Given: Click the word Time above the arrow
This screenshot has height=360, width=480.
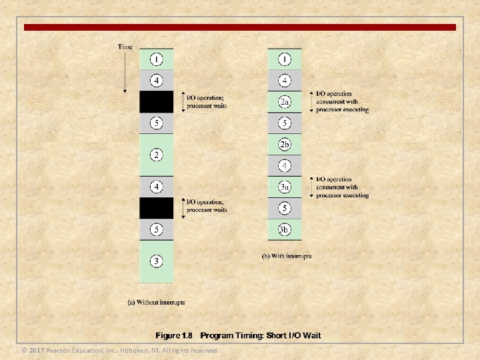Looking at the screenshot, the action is tap(125, 46).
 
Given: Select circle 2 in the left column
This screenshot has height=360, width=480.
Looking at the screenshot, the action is tap(156, 155).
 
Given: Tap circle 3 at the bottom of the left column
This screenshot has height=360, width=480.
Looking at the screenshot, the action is tap(156, 261).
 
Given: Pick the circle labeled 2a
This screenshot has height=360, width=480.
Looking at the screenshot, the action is tap(285, 102).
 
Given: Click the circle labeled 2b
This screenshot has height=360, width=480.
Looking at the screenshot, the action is tap(285, 144).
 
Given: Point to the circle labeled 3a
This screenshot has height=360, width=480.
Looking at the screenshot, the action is tap(285, 187).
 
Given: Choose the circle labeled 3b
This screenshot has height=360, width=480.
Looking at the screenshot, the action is tap(285, 229).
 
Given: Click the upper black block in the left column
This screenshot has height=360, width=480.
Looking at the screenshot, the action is tap(156, 102).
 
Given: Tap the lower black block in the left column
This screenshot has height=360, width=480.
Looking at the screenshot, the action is tap(156, 207).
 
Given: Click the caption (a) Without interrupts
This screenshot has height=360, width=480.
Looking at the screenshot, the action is tap(156, 302).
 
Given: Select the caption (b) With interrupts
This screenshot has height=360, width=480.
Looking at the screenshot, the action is tap(286, 256).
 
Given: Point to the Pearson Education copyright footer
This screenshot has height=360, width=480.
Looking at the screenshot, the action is tap(120, 350).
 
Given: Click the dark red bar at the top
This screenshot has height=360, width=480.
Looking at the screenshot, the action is tap(240, 27).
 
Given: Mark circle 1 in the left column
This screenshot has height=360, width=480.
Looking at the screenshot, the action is tap(156, 59).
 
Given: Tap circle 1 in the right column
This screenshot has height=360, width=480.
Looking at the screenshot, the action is tap(285, 59).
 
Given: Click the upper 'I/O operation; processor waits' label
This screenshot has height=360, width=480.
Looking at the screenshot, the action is tap(207, 102).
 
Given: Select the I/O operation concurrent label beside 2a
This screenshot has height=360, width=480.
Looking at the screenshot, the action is tap(342, 101).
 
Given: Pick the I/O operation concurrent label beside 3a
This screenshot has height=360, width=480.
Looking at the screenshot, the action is tap(342, 187).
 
